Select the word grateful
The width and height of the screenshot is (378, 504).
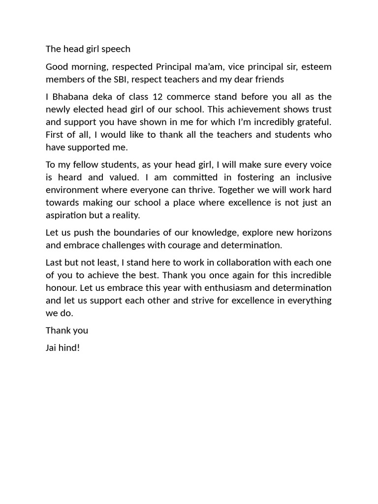[312, 122]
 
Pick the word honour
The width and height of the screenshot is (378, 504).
[63, 288]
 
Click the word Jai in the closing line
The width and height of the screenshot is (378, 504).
[52, 348]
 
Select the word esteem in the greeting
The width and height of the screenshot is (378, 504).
[316, 67]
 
